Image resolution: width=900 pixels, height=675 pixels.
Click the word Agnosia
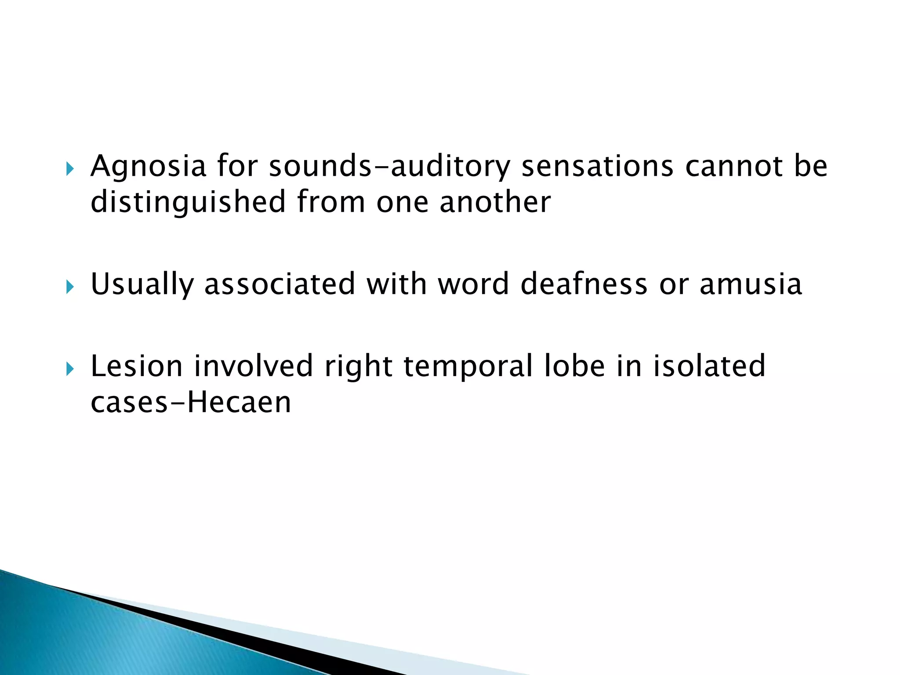coord(148,167)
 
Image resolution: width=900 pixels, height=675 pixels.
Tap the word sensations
coord(597,167)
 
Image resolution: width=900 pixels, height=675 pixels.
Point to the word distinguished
coord(188,203)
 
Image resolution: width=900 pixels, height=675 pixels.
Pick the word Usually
coord(142,284)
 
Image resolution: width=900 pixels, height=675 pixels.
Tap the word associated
coord(280,284)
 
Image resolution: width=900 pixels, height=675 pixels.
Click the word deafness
coord(584,284)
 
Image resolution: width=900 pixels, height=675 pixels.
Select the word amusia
coord(751,284)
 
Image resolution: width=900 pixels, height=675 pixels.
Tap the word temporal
coord(468,367)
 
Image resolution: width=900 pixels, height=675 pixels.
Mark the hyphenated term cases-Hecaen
coord(191,403)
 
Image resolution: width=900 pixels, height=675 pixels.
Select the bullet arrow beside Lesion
coord(70,369)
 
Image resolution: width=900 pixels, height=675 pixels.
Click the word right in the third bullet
coord(358,367)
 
